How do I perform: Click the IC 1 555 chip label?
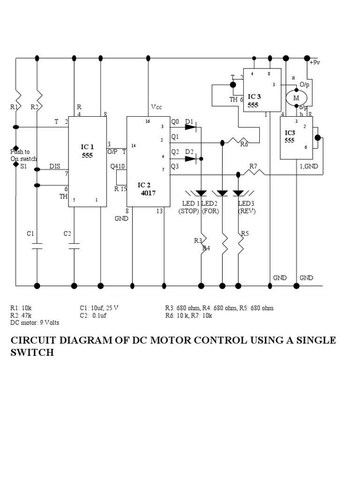(x=87, y=151)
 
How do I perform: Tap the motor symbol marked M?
(x=296, y=98)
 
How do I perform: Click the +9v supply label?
(x=315, y=62)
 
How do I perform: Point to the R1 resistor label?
(x=14, y=107)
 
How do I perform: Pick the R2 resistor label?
(x=34, y=107)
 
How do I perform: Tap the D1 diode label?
(x=189, y=122)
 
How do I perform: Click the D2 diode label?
(x=189, y=151)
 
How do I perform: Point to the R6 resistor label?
(x=244, y=145)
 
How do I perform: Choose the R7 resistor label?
(x=253, y=166)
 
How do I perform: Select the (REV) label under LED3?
(x=247, y=211)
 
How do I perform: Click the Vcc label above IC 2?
(x=156, y=107)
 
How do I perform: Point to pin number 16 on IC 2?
(x=148, y=121)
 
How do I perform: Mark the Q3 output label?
(x=175, y=166)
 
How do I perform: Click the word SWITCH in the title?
(x=32, y=352)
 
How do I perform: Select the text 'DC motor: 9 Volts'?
(x=35, y=322)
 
